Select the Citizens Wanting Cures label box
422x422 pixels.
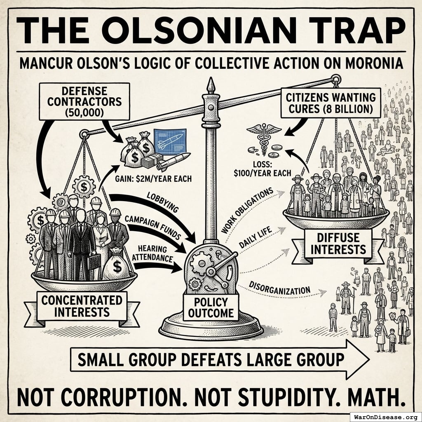(x=331, y=103)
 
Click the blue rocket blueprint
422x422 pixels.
(x=170, y=142)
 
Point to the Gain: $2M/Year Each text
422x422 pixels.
(x=153, y=179)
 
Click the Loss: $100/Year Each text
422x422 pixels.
(x=263, y=169)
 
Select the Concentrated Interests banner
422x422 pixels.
(x=82, y=306)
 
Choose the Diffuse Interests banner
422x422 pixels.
(x=338, y=244)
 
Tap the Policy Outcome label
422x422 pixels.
(x=211, y=307)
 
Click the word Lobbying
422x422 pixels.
(x=162, y=202)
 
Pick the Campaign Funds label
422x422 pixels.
(x=152, y=227)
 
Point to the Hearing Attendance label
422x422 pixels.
(x=152, y=253)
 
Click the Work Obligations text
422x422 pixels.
(x=247, y=211)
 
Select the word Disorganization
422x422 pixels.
(x=280, y=288)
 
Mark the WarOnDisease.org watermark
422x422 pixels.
(x=386, y=417)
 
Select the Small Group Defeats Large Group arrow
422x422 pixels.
(x=220, y=359)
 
